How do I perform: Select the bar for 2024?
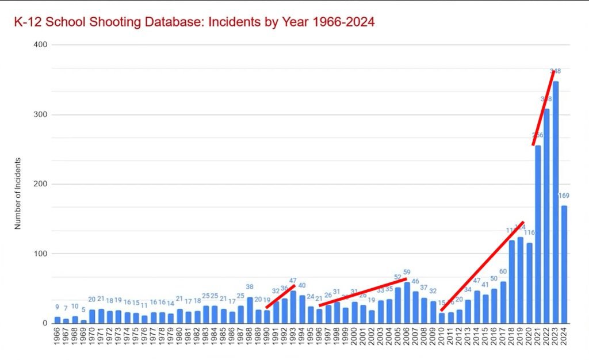pyautogui.click(x=564, y=265)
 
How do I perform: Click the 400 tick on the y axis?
pyautogui.click(x=40, y=45)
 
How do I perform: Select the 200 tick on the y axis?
pyautogui.click(x=40, y=184)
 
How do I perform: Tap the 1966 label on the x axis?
pyautogui.click(x=58, y=339)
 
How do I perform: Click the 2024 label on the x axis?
pyautogui.click(x=564, y=339)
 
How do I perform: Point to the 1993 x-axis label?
pyautogui.click(x=293, y=339)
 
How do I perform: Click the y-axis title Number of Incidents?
pyautogui.click(x=18, y=193)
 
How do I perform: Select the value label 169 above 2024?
pyautogui.click(x=564, y=196)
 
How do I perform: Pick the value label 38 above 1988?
pyautogui.click(x=250, y=287)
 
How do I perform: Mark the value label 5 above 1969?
pyautogui.click(x=84, y=311)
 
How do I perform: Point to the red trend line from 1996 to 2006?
pyautogui.click(x=362, y=292)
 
